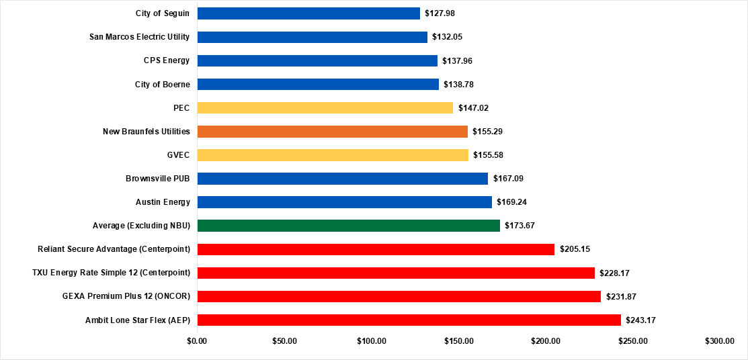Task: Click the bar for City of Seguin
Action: click(308, 13)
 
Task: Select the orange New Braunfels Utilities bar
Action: click(332, 132)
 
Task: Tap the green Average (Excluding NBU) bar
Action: click(348, 226)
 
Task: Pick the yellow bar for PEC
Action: click(325, 107)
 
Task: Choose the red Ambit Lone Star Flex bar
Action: click(409, 320)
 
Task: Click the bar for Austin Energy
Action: click(344, 202)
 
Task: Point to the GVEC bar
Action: click(333, 155)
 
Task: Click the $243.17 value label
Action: click(640, 320)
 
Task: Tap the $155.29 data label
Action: click(487, 132)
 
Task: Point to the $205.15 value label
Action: click(575, 249)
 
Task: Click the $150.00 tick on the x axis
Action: click(458, 341)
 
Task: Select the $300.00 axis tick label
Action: click(720, 341)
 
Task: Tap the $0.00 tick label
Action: click(197, 341)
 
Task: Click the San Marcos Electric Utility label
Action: click(139, 37)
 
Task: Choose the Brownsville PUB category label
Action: click(157, 179)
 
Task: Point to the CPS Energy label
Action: click(167, 60)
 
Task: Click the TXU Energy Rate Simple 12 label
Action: click(111, 273)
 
